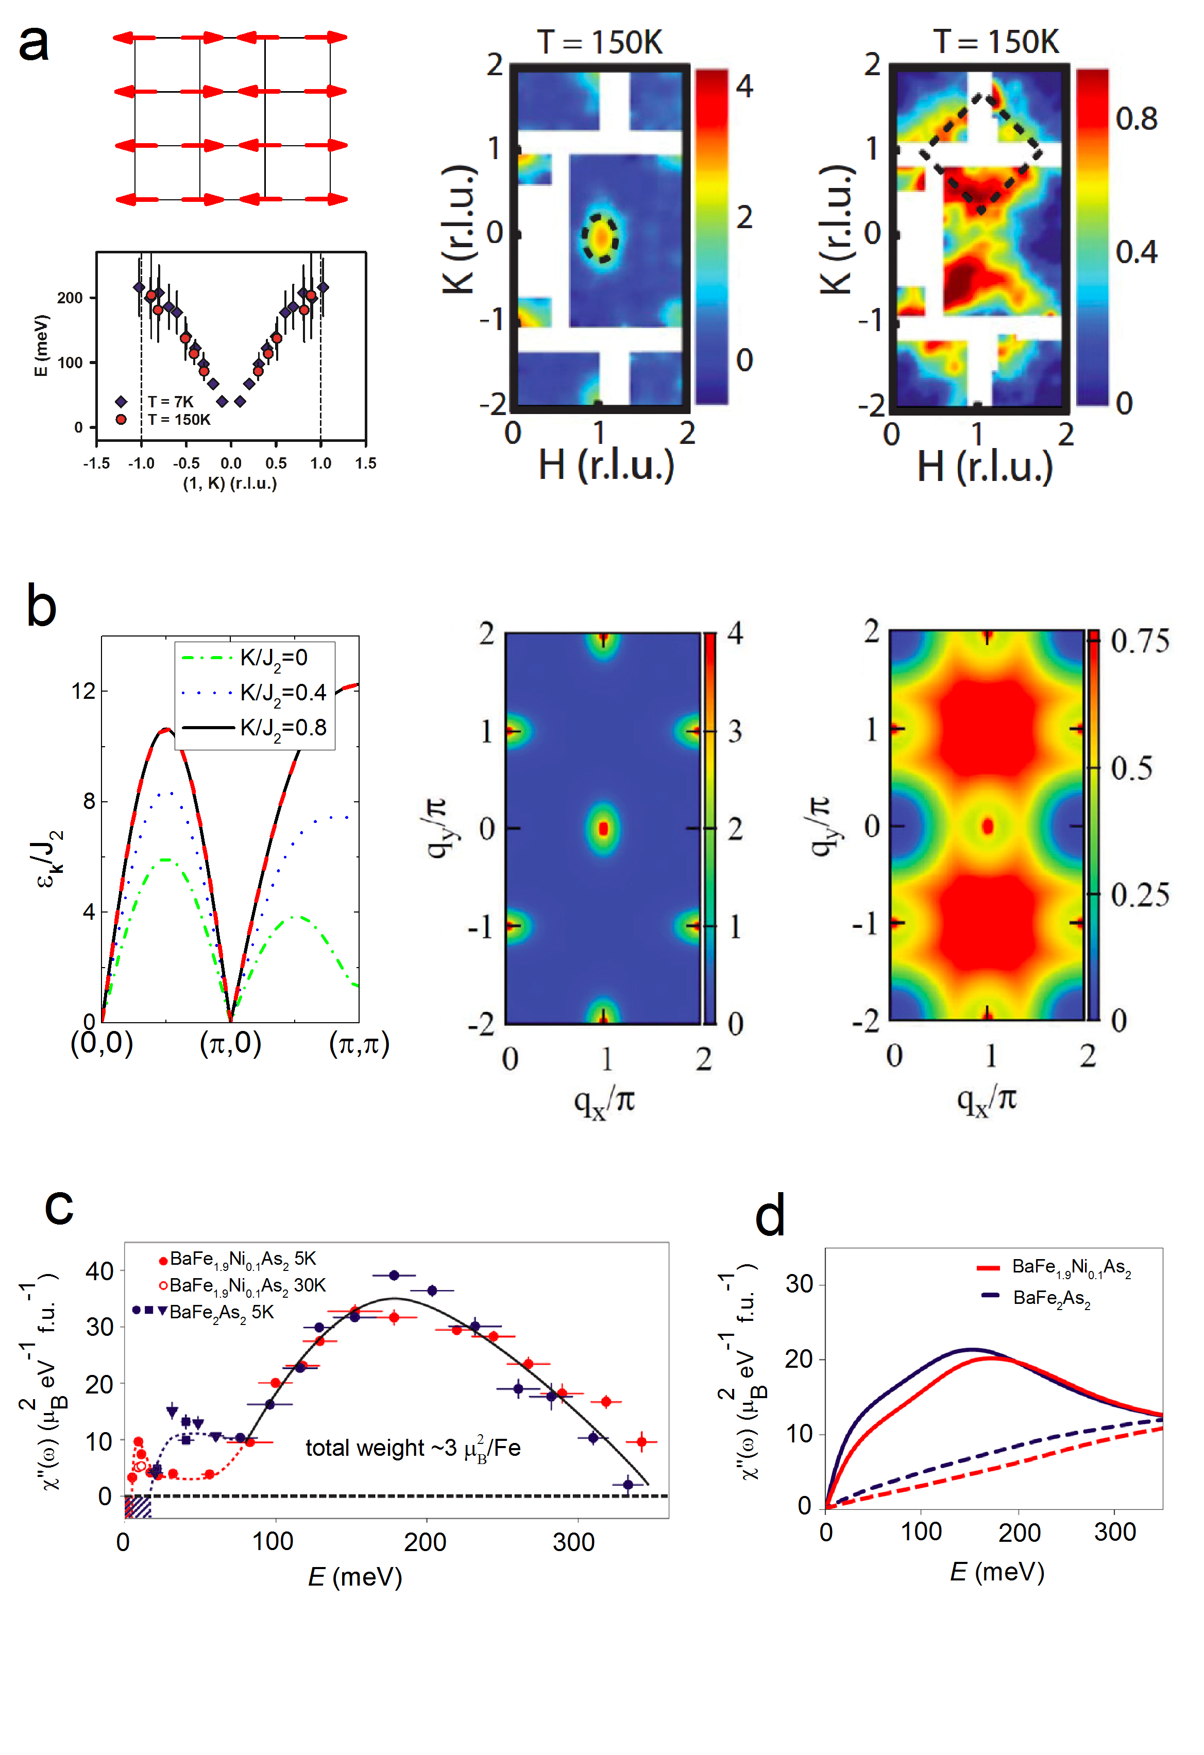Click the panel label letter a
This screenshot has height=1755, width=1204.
pos(34,44)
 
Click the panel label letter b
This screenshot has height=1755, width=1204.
pos(42,606)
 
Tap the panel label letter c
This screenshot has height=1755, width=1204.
pos(59,1206)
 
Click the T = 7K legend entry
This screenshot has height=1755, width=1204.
pos(170,402)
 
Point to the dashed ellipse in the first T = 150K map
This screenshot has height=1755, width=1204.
pos(600,237)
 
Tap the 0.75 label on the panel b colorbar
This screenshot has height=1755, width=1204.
pos(1140,641)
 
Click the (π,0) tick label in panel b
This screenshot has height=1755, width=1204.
pos(230,1044)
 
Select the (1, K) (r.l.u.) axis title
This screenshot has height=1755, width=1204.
pos(230,484)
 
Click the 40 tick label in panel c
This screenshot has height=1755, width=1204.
pos(100,1271)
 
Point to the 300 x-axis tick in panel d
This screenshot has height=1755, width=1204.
pos(1115,1532)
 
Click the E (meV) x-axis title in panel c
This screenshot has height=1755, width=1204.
pos(355,1577)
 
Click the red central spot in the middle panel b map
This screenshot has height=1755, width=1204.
pos(603,829)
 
